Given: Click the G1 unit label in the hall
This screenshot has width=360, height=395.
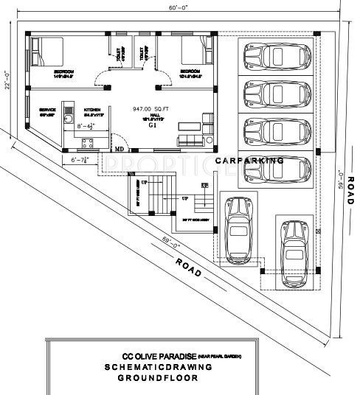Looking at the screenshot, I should [x=153, y=125].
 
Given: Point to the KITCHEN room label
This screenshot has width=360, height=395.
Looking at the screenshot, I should [x=92, y=108].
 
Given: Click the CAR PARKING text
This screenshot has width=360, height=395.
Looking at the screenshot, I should [x=249, y=160].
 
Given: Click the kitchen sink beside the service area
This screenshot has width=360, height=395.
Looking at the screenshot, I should [x=69, y=119].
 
